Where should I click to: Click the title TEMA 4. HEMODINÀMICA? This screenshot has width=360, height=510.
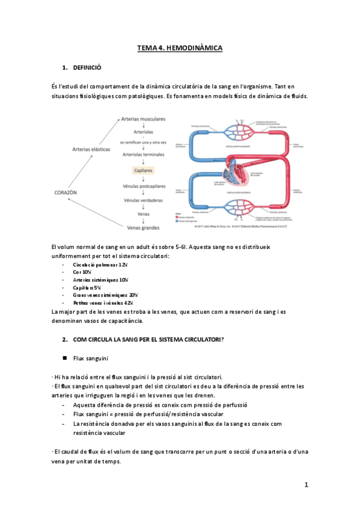[x=180, y=48]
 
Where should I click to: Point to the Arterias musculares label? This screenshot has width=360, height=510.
[x=144, y=120]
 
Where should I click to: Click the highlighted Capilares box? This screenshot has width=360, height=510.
[x=144, y=171]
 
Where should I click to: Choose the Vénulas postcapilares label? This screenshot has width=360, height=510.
[x=144, y=187]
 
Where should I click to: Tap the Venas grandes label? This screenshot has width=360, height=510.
[x=144, y=227]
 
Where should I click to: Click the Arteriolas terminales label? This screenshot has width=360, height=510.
[x=144, y=155]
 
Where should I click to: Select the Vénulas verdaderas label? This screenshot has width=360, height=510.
[x=144, y=200]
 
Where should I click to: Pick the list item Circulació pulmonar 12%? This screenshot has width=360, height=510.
[x=100, y=265]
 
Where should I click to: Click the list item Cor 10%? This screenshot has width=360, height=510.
[x=82, y=272]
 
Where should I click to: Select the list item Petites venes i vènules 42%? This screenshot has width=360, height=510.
[x=103, y=303]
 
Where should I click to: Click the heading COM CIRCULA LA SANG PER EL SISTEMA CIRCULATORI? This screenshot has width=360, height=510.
[x=148, y=339]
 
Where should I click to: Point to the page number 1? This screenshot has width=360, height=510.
[x=306, y=485]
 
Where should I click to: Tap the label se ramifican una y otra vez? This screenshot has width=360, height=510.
[x=144, y=142]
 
